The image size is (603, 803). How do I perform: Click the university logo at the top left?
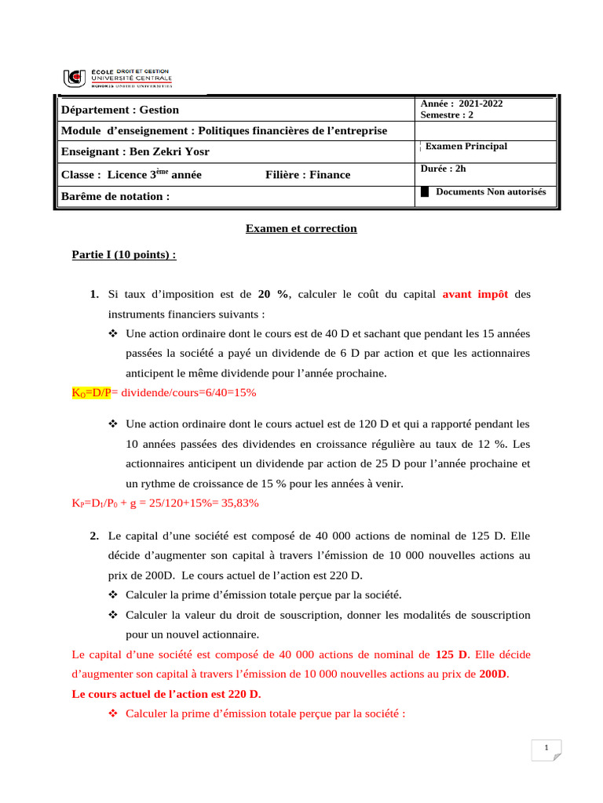117,78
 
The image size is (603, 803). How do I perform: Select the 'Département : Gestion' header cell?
120,110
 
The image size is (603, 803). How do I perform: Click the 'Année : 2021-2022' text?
462,104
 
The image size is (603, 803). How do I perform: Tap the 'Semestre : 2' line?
447,114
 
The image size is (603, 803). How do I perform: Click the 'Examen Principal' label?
466,147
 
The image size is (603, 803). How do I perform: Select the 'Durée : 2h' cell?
443,168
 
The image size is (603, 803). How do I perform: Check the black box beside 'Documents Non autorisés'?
426,192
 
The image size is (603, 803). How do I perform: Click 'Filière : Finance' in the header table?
308,174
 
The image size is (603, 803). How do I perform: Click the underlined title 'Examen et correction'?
301,228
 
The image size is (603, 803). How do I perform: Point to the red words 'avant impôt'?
475,294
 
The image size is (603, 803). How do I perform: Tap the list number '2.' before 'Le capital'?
93,536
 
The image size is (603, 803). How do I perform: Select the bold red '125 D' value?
451,653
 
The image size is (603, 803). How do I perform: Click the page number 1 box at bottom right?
546,750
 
